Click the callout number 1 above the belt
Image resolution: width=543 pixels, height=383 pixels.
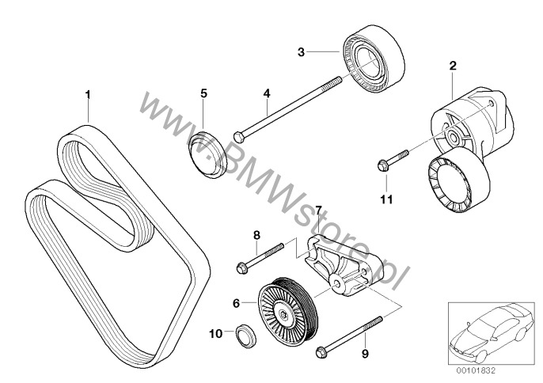tap(88, 95)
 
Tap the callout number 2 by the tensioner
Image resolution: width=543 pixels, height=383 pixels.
tap(452, 66)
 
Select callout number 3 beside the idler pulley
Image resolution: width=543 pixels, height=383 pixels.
tap(301, 52)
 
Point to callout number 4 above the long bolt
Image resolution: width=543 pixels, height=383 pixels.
tap(267, 93)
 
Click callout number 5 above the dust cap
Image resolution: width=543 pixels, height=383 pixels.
tap(203, 93)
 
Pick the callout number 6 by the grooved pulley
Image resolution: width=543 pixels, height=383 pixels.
tap(237, 301)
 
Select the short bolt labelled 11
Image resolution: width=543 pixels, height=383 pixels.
tap(391, 158)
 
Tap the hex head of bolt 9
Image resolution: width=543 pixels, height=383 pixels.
tap(321, 352)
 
